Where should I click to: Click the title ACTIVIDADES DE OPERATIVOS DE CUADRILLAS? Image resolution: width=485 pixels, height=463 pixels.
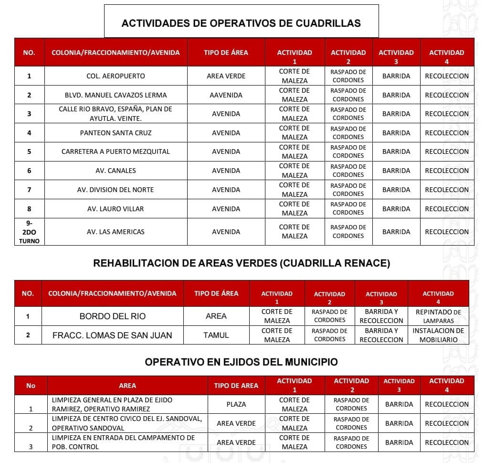pos(241,23)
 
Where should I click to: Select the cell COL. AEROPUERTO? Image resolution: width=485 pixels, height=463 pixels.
pos(116,76)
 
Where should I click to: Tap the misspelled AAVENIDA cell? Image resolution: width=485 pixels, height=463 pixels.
pos(226,95)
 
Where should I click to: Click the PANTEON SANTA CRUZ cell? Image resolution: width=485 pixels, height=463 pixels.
pos(116,133)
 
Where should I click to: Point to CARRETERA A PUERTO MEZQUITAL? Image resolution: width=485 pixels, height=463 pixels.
pos(116,151)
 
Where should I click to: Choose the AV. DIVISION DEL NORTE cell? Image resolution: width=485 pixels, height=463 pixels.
pos(116,190)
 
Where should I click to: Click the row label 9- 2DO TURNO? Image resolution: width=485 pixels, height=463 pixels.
pos(29,232)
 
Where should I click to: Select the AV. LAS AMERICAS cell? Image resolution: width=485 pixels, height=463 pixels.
pos(116,232)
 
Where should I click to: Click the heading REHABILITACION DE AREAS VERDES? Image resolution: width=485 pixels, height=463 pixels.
pos(242,263)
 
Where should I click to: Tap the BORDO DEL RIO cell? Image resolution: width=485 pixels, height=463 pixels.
pos(113,316)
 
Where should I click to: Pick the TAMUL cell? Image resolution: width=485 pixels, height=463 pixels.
pos(216,335)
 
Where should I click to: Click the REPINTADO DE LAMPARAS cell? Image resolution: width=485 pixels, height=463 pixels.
pos(438,316)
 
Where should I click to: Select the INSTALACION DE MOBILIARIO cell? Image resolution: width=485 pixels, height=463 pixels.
pos(438,335)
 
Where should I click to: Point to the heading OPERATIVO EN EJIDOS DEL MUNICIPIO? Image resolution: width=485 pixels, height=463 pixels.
pos(241,362)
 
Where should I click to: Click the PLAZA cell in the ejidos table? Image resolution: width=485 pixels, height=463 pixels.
pos(236,404)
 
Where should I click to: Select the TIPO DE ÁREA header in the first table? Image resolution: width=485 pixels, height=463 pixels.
pos(226,53)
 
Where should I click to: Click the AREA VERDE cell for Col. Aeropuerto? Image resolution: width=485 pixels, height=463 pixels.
pos(226,76)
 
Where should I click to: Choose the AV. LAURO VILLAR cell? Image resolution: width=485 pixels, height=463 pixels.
pos(116,209)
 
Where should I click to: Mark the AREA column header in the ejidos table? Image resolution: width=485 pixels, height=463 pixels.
pos(127,386)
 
